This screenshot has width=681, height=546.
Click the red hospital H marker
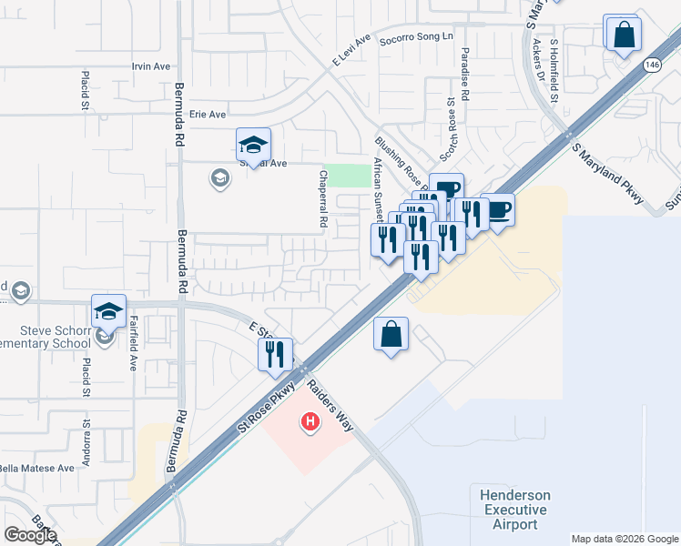310,421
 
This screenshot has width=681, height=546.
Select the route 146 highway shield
651,65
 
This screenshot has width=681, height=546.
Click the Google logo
30,535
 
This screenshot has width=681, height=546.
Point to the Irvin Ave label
151,66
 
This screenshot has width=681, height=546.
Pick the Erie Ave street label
208,115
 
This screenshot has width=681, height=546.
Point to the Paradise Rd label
464,75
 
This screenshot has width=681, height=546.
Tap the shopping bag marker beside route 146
624,35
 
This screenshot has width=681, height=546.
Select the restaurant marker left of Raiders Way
275,352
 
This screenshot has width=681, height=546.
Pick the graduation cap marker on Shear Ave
253,145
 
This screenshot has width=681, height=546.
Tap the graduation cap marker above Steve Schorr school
108,311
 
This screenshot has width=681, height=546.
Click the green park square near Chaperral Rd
342,176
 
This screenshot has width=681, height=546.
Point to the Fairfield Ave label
133,336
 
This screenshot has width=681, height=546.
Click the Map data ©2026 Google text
624,539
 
